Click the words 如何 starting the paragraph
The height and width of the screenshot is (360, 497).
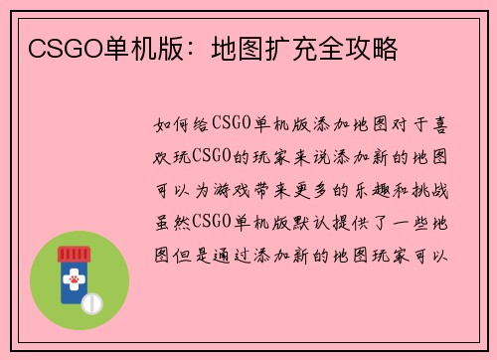click(x=170, y=126)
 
